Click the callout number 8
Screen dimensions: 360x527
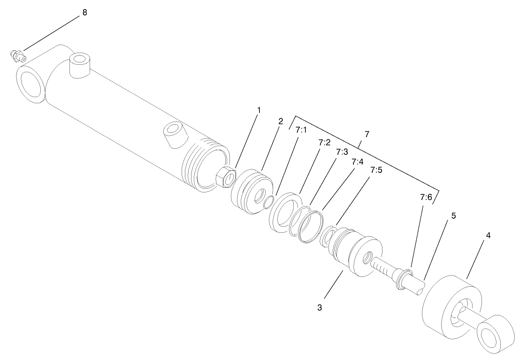(x=84, y=13)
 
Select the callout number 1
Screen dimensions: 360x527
(x=258, y=110)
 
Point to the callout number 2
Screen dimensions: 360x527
(x=281, y=121)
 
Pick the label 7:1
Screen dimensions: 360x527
(x=301, y=130)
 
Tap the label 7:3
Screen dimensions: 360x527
(x=342, y=152)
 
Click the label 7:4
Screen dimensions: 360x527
(x=358, y=161)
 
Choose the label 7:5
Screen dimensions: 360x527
(x=376, y=170)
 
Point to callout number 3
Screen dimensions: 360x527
(x=320, y=308)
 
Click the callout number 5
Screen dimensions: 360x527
(x=453, y=215)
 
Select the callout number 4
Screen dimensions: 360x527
(x=488, y=236)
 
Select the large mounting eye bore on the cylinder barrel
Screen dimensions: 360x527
(x=31, y=84)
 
